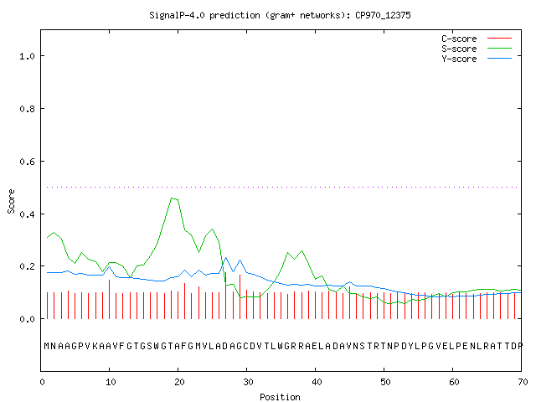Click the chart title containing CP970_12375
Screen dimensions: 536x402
point(280,15)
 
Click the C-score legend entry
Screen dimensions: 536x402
point(477,39)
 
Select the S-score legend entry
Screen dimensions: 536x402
point(477,49)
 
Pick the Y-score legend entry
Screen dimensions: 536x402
point(477,59)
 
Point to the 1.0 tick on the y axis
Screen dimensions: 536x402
point(28,56)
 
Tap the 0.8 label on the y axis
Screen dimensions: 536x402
point(28,109)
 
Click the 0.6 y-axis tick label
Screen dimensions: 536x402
point(28,162)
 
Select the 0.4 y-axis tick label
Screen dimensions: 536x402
point(28,214)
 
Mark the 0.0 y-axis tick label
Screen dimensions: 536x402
point(28,319)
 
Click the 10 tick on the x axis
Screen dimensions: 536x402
point(111,382)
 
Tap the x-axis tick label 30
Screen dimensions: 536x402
point(248,382)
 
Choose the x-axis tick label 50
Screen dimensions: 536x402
point(385,382)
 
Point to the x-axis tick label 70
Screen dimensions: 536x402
point(523,382)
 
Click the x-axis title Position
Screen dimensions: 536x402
point(280,397)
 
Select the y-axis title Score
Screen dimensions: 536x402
point(11,202)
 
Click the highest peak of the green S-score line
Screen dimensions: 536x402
point(172,198)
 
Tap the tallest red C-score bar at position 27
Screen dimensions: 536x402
point(225,296)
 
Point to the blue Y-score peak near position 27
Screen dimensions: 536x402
point(225,258)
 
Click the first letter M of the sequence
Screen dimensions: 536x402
point(47,346)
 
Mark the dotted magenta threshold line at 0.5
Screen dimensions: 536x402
point(282,187)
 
